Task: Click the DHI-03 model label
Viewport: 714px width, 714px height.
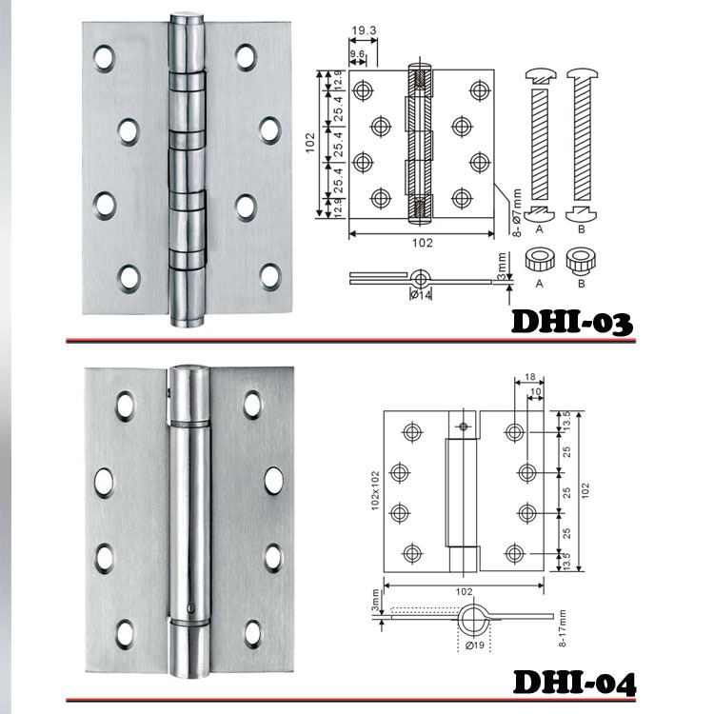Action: (572, 323)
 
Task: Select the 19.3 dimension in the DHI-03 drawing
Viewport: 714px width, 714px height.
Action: (365, 30)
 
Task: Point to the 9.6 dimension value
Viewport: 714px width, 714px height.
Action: (357, 54)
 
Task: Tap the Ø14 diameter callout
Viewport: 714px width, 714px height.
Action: (421, 295)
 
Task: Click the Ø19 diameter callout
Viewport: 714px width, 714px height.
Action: (475, 645)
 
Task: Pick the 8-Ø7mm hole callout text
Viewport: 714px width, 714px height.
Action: (516, 213)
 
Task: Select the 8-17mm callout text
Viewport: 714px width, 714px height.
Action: (563, 629)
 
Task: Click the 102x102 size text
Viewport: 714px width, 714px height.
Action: (375, 490)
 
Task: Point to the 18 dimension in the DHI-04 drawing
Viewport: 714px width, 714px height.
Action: (529, 377)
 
